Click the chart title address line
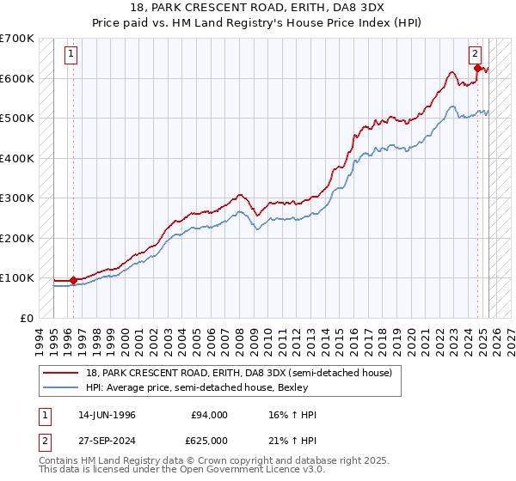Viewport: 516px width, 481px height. coord(258,8)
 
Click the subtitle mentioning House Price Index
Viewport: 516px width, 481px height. coord(258,21)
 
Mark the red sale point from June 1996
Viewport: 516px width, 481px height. coord(73,279)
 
